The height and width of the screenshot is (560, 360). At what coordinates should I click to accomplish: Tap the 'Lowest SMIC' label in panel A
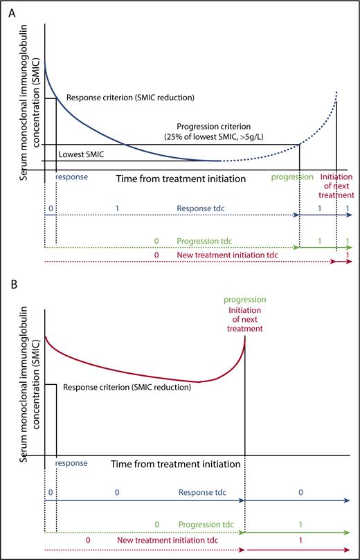pyautogui.click(x=81, y=154)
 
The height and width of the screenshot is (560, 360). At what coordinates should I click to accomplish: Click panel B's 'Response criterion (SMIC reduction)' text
pyautogui.click(x=127, y=387)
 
